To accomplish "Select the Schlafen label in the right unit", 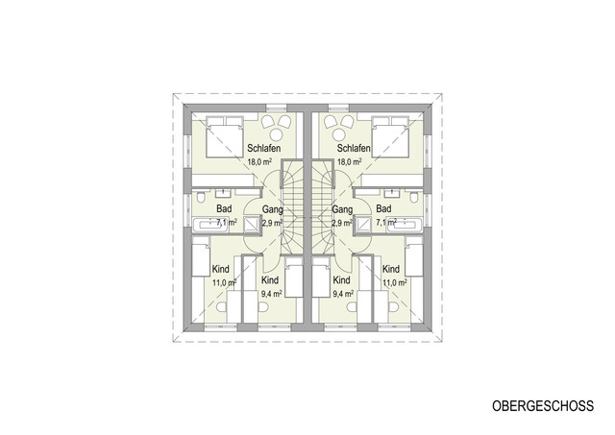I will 354,149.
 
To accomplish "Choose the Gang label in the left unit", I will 273,208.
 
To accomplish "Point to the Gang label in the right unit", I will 341,208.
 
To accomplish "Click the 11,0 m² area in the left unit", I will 223,283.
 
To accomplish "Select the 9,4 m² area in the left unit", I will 272,293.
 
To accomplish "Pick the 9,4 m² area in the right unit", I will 343,293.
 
